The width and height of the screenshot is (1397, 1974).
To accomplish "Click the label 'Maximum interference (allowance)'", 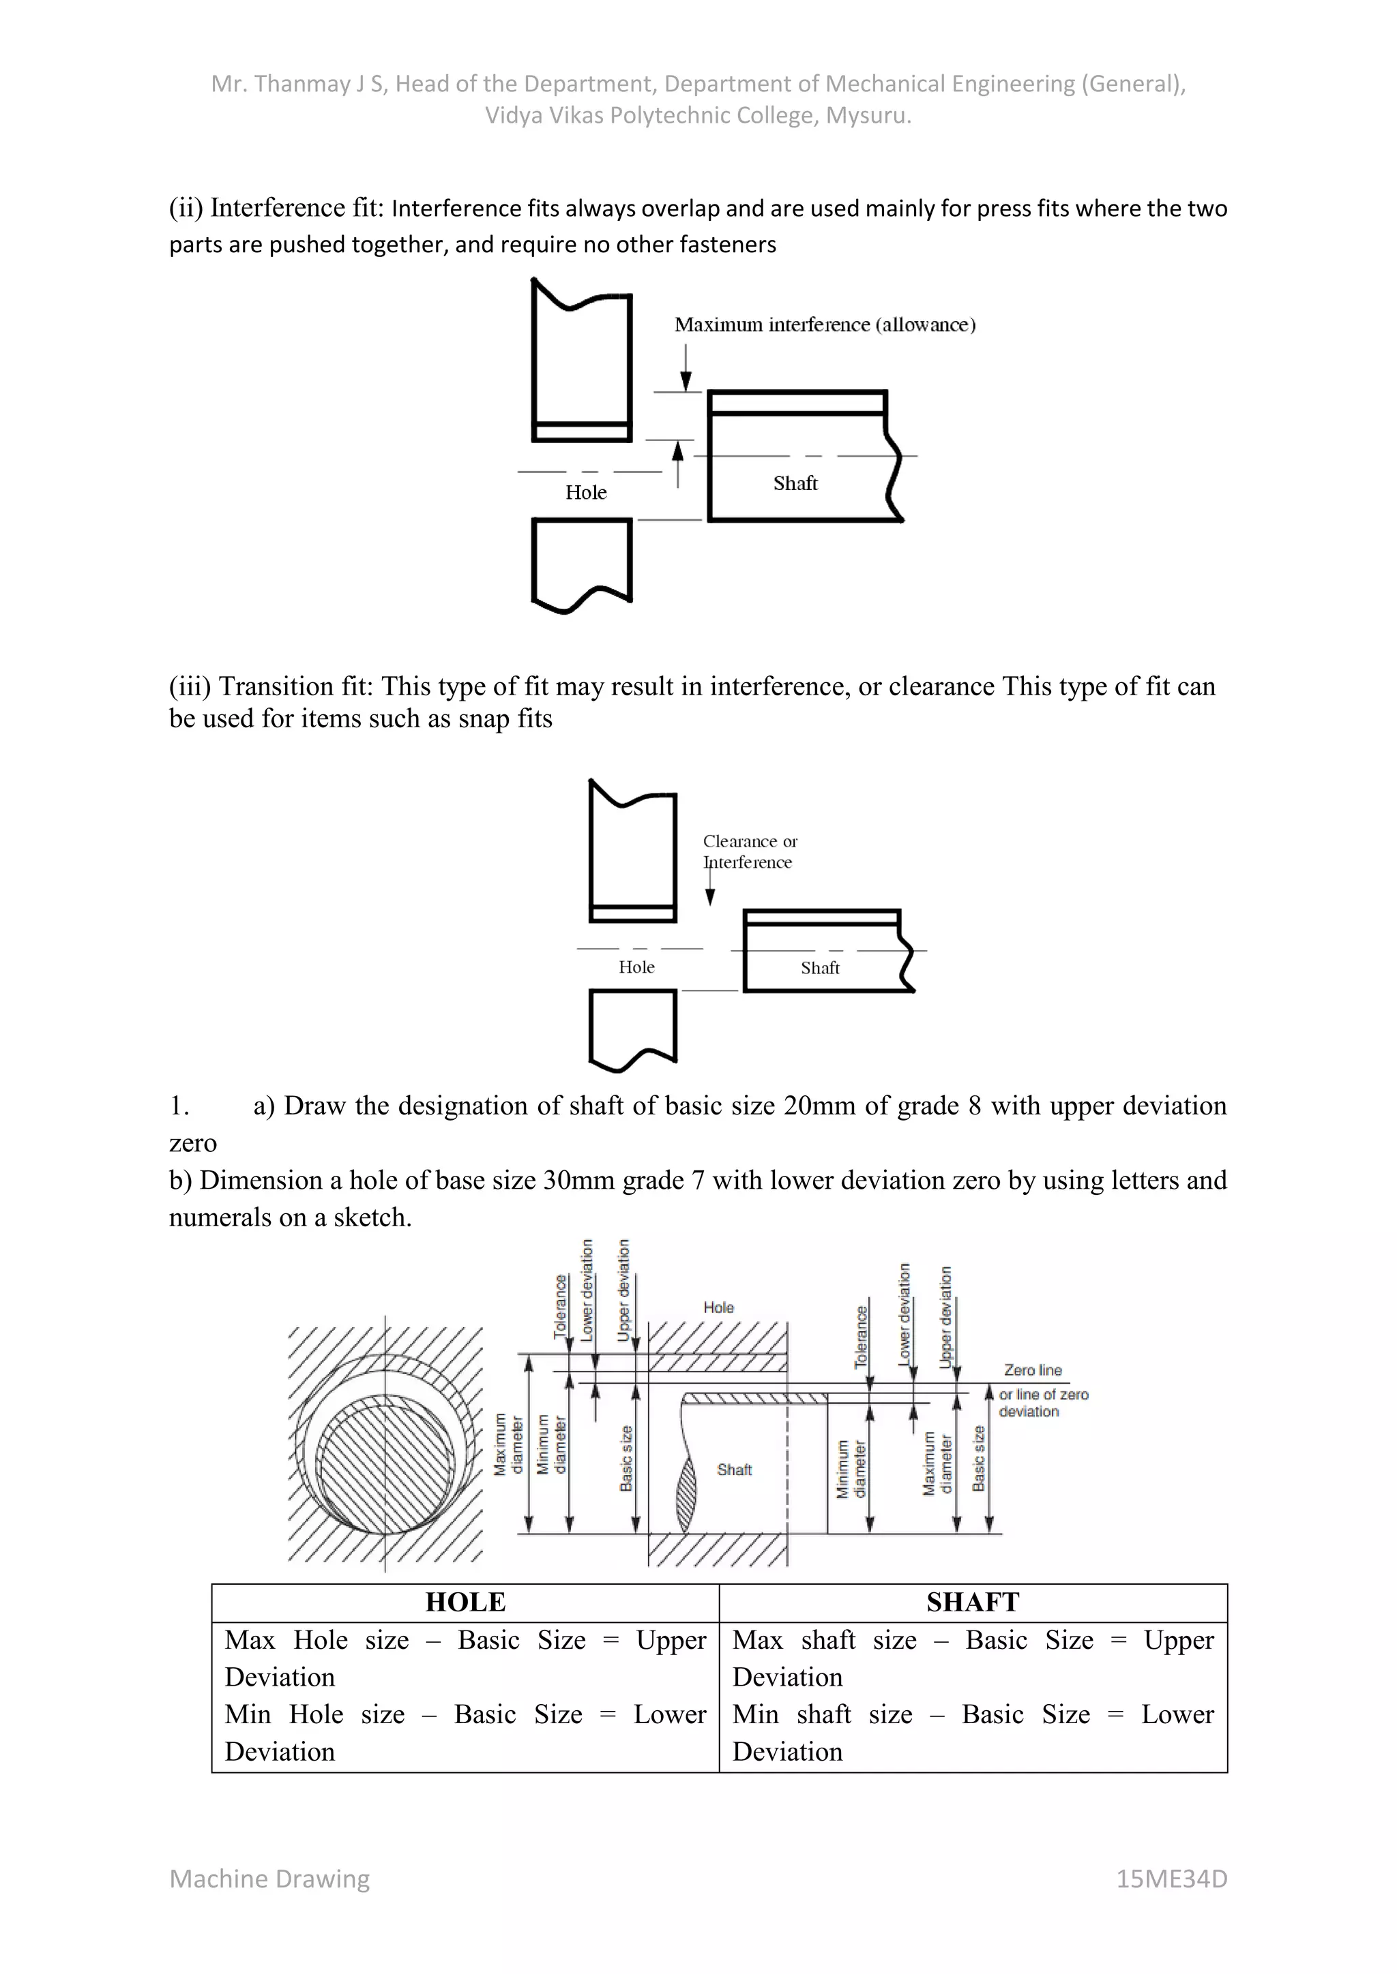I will coord(824,325).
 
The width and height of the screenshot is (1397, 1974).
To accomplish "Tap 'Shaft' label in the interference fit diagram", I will coord(795,483).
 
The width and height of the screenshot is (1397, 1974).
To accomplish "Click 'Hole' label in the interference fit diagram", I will coord(585,493).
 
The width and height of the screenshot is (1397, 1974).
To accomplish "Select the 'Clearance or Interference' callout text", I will coord(749,851).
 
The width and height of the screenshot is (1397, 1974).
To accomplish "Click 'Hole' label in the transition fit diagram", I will coord(636,967).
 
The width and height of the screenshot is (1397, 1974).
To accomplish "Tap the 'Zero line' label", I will coord(1032,1371).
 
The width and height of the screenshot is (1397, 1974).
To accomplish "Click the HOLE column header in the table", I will coord(465,1603).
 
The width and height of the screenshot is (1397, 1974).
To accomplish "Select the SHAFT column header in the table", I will coord(972,1603).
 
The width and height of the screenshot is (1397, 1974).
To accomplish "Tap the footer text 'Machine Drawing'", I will coord(269,1879).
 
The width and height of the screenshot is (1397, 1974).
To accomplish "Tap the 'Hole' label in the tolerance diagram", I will coord(718,1307).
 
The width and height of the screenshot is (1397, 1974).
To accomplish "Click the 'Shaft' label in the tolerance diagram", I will coord(734,1470).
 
